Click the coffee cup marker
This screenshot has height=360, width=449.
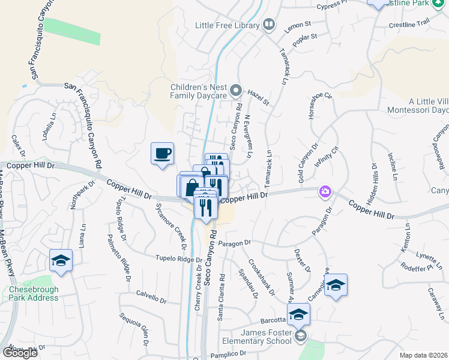[x=162, y=154]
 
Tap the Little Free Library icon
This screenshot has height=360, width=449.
[x=269, y=25]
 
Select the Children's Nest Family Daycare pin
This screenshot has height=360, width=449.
[x=236, y=91]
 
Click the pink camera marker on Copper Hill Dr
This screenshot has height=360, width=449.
[x=325, y=191]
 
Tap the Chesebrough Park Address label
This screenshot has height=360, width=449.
[x=34, y=293]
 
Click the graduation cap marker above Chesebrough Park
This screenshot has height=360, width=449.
[x=61, y=260]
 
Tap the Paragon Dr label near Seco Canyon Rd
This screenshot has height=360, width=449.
[x=234, y=243]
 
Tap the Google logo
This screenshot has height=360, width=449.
[x=20, y=353]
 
